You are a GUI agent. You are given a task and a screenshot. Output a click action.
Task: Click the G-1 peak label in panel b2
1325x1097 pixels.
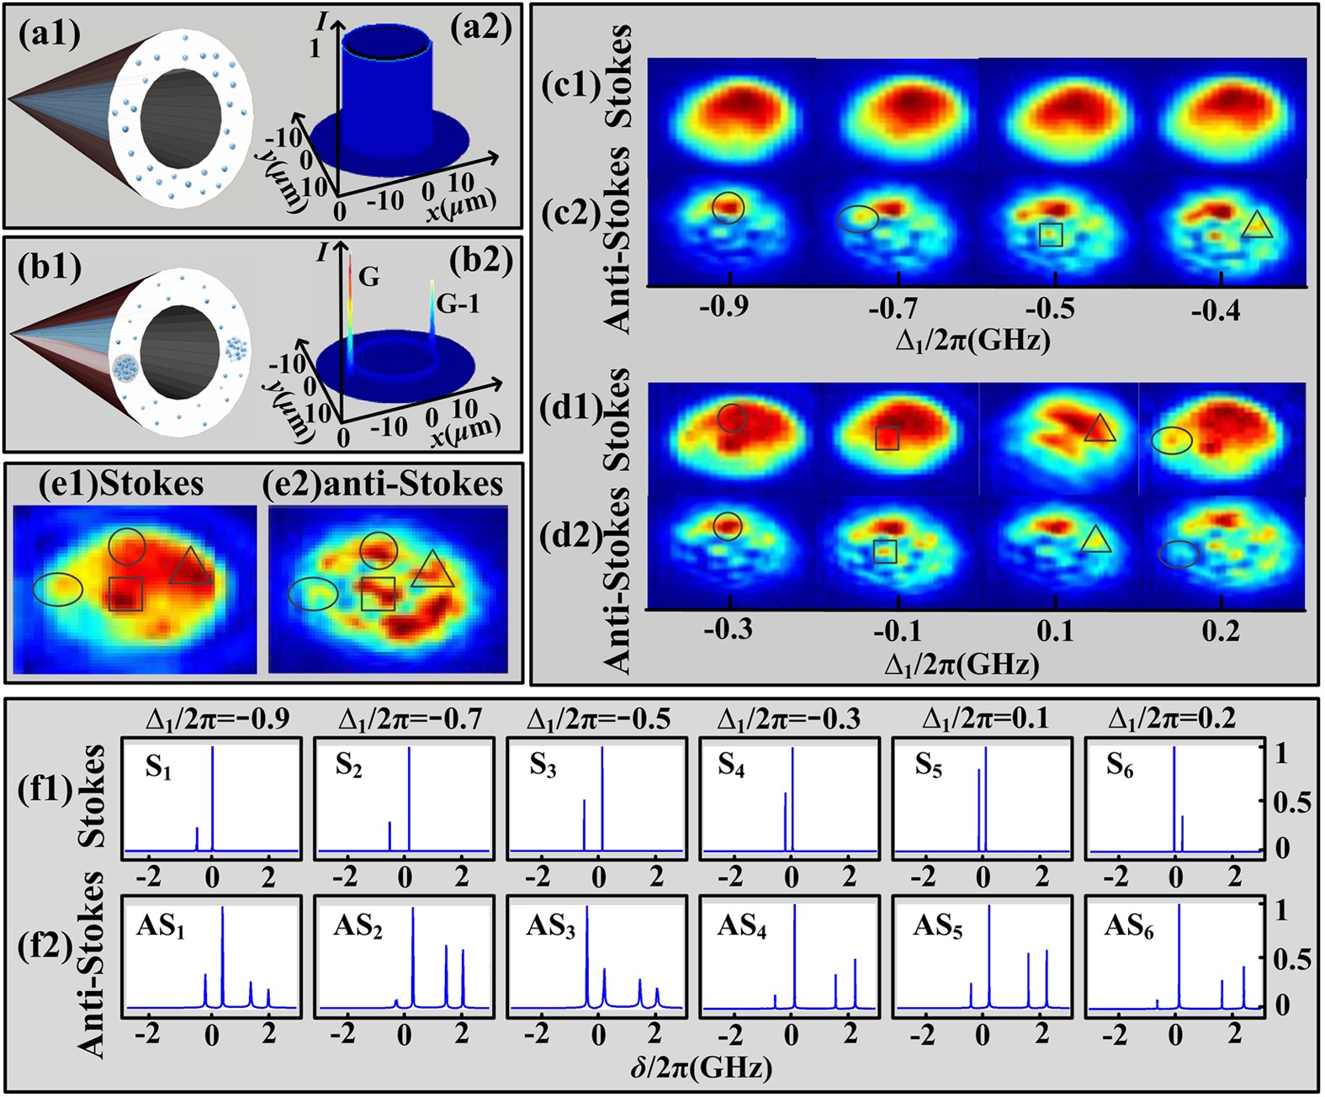click(458, 304)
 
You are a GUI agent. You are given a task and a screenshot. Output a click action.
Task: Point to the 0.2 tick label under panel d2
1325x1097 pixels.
click(1220, 631)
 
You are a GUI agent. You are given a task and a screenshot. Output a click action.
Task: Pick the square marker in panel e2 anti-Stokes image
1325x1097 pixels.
click(378, 593)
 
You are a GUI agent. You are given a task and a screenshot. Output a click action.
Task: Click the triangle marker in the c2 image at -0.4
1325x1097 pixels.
click(1257, 225)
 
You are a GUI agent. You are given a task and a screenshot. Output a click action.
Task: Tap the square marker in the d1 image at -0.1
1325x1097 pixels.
click(887, 437)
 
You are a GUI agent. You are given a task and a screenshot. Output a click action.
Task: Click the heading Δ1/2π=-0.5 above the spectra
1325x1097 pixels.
click(598, 719)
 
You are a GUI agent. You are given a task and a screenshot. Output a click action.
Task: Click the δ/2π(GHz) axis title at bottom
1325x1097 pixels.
click(700, 1068)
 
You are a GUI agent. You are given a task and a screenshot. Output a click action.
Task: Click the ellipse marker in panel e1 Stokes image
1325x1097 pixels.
click(58, 588)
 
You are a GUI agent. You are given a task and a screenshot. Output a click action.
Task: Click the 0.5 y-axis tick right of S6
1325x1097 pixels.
click(1291, 801)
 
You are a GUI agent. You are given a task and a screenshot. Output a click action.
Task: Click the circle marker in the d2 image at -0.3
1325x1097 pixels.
click(729, 526)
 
